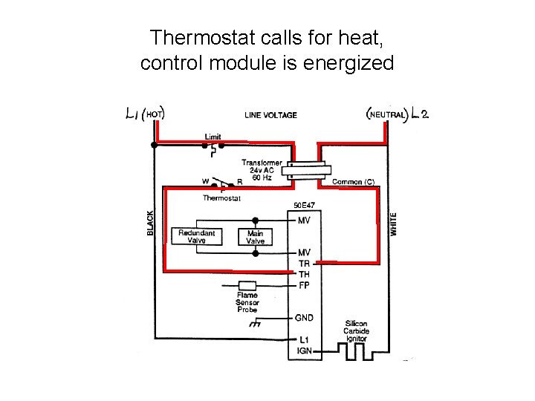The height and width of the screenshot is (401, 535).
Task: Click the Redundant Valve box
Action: click(196, 236)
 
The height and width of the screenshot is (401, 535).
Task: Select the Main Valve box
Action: click(255, 236)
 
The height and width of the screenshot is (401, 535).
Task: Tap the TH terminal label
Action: click(304, 274)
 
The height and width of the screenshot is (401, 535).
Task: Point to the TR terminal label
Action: click(304, 264)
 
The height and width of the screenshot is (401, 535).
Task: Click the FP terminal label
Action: click(304, 285)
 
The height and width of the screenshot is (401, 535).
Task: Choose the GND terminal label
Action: click(304, 318)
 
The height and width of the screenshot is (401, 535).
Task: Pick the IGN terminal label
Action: click(304, 351)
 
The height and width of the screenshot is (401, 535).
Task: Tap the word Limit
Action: click(213, 137)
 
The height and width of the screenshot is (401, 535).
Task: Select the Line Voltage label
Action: click(270, 115)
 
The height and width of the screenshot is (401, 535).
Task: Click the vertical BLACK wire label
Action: click(150, 223)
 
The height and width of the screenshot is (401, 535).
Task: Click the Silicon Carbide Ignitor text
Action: click(356, 331)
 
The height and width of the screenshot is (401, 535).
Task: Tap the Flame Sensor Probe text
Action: click(247, 302)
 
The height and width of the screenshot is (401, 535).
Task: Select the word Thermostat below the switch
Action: click(221, 198)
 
